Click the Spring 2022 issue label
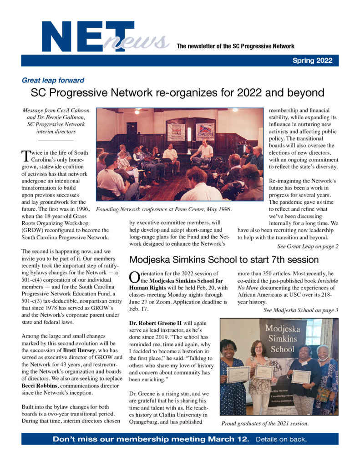[312, 61]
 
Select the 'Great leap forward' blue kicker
[53, 80]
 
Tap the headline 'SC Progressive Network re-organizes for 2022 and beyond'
[177, 93]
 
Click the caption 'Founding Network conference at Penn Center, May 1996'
[164, 209]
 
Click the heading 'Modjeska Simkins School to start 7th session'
[223, 260]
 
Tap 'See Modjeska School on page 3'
[301, 310]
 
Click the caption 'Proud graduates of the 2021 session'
[265, 424]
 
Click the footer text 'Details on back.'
[281, 440]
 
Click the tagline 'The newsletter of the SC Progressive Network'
[235, 46]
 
